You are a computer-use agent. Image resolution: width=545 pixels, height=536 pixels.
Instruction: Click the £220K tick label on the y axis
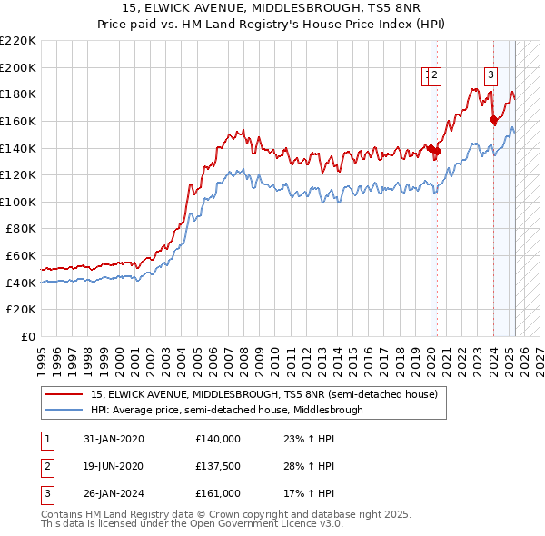click(18, 41)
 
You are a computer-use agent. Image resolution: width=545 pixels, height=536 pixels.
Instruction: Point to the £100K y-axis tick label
click(18, 202)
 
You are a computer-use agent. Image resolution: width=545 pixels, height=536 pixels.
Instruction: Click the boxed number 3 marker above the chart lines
click(490, 76)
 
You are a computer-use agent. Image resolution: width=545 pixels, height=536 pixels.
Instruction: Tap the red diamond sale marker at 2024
click(493, 119)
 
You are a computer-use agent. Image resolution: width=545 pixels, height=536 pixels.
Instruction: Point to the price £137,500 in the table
click(218, 466)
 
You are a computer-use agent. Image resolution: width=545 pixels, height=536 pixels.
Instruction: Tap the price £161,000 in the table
click(218, 493)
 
